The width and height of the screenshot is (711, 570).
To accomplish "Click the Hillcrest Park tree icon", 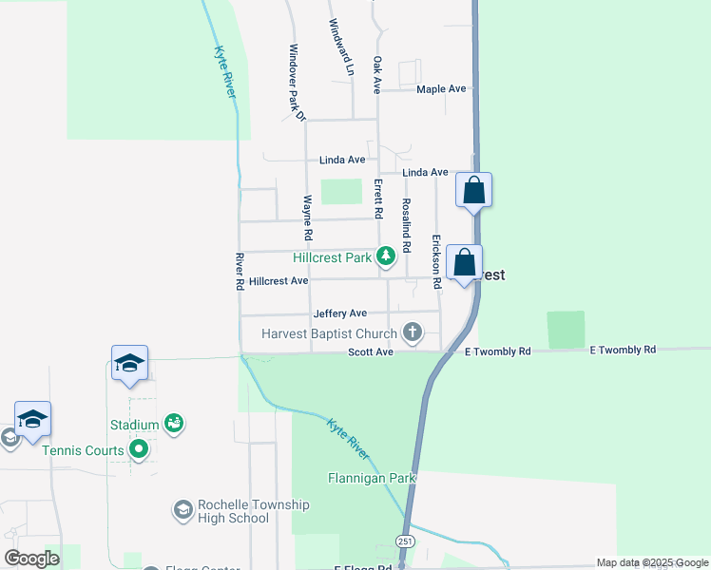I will pos(386,256).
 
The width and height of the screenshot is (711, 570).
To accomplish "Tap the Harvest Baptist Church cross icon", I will pos(412,332).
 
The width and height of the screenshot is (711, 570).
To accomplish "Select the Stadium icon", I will pos(173,423).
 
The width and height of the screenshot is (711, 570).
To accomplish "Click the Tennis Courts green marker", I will pos(140,449).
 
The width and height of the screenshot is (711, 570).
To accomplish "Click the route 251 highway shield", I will pos(405,541).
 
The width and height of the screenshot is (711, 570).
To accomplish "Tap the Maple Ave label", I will pos(442,89).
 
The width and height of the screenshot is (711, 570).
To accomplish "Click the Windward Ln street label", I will pos(341,47).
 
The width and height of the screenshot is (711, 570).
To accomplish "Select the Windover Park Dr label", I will pos(297,83).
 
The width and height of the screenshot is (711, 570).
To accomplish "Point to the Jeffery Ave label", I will pos(339,313).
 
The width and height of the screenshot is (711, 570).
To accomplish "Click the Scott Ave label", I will pos(371,352).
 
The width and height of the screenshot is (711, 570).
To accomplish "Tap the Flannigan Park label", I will pos(373,478).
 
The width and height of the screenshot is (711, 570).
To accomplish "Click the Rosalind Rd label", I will pos(407,225).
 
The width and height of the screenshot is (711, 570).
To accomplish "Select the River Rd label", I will pos(240,272).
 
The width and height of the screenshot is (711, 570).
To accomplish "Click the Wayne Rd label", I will pos(308,218).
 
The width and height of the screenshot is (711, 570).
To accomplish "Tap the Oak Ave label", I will pos(377,74).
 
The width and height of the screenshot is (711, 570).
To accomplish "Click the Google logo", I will pos(32,558).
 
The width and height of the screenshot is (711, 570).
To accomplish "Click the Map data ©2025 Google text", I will pos(652,562).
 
